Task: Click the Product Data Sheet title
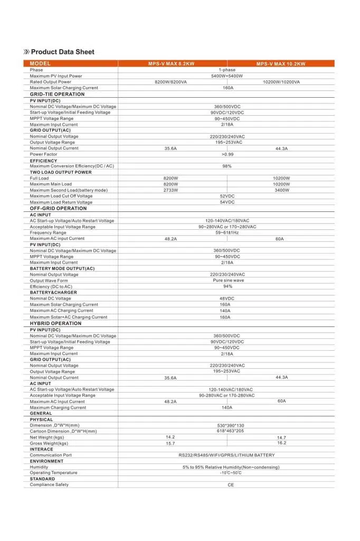pyautogui.click(x=62, y=52)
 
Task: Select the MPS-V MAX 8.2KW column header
pyautogui.click(x=172, y=63)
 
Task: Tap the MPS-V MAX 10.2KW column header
pyautogui.click(x=281, y=63)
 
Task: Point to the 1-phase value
pyautogui.click(x=227, y=70)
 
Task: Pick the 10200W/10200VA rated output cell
pyautogui.click(x=281, y=82)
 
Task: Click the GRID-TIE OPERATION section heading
pyautogui.click(x=57, y=94)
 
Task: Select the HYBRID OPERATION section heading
pyautogui.click(x=55, y=323)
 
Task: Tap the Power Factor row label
pyautogui.click(x=43, y=154)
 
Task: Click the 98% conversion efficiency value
pyautogui.click(x=227, y=166)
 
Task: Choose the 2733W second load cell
pyautogui.click(x=170, y=190)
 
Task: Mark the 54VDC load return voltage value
pyautogui.click(x=227, y=202)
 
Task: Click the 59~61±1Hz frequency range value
pyautogui.click(x=227, y=232)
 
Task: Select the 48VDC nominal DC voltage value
pyautogui.click(x=227, y=299)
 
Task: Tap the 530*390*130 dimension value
pyautogui.click(x=231, y=425)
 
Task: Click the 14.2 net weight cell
pyautogui.click(x=170, y=437)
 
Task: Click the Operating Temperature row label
pyautogui.click(x=53, y=473)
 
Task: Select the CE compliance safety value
pyautogui.click(x=231, y=484)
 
